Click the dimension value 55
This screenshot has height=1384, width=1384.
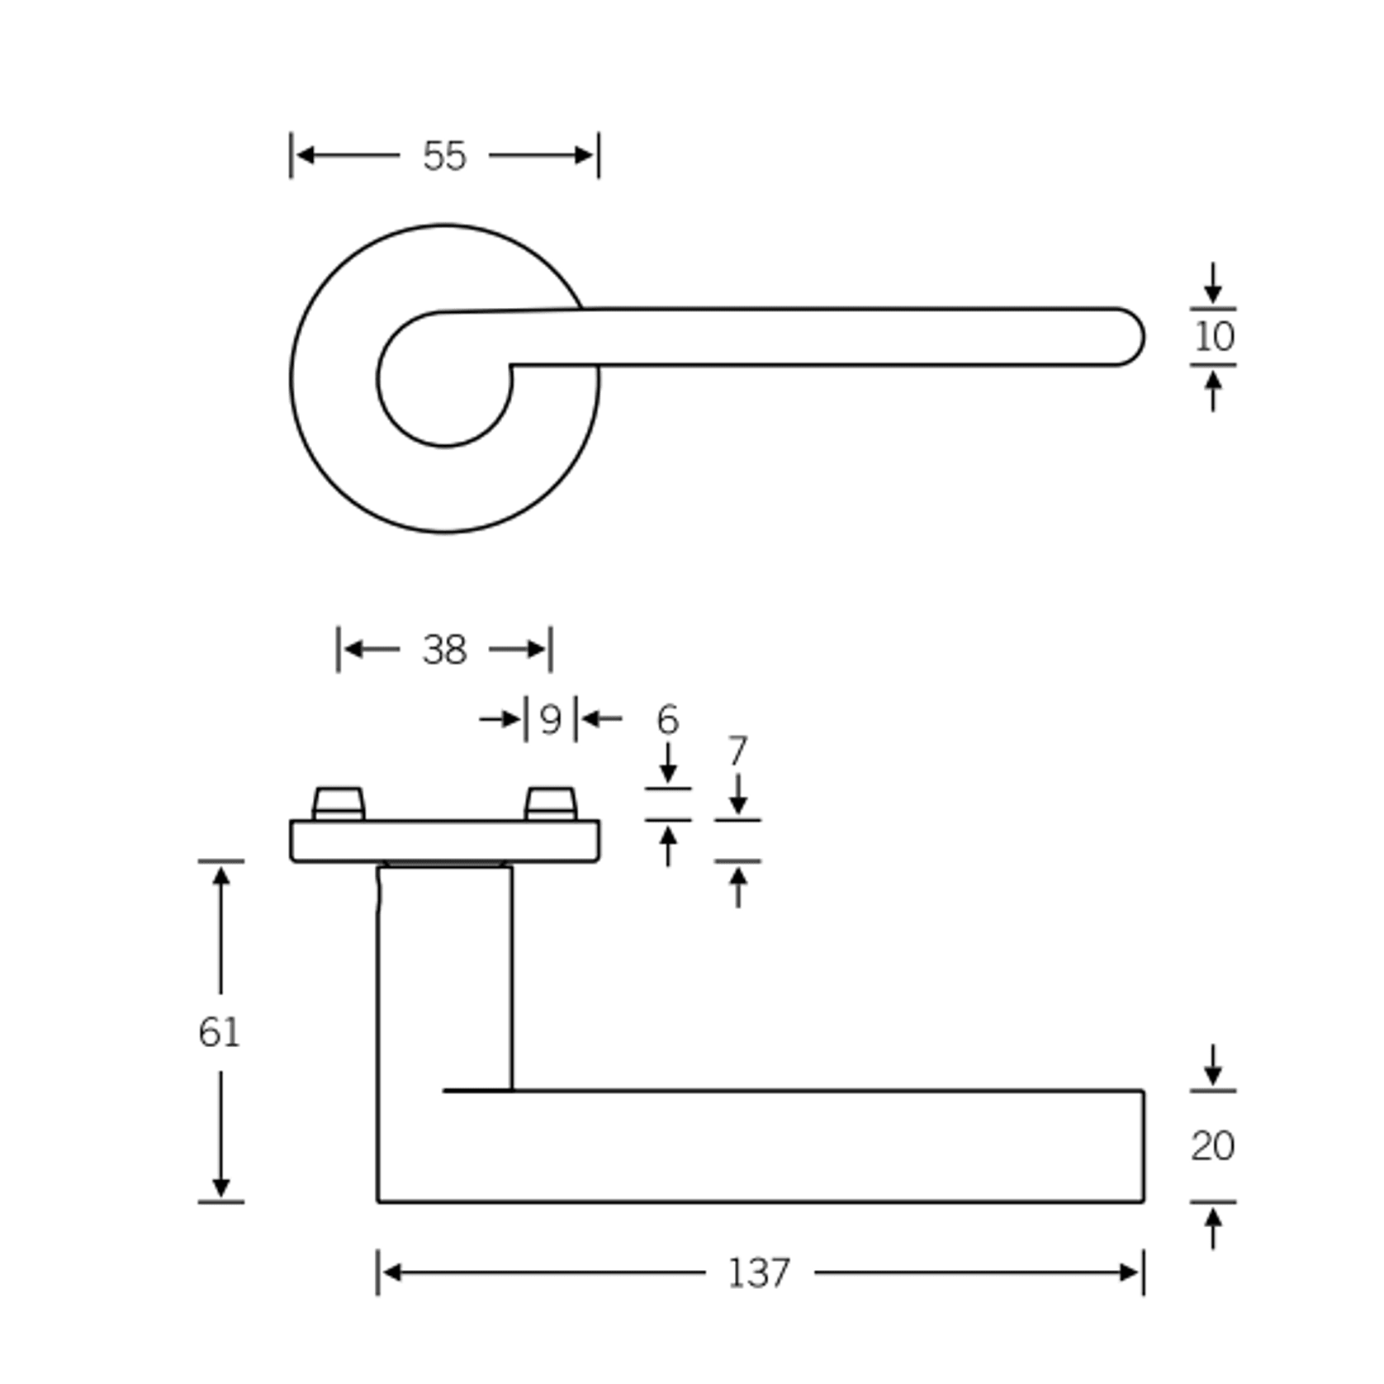pos(444,156)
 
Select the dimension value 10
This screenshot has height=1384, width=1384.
pos(1213,337)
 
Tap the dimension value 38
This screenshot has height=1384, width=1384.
pos(444,650)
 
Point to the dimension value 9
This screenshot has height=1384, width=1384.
pos(550,720)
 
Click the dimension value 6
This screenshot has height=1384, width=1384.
pos(667,720)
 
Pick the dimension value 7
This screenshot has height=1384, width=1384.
pos(737,751)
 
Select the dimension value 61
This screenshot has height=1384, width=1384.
pos(219,1032)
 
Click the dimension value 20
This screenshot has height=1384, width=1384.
pos(1212,1146)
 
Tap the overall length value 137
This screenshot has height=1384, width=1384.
pos(759,1273)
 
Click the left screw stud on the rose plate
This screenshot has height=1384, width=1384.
pos(339,803)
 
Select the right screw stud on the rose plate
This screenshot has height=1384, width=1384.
pos(551,803)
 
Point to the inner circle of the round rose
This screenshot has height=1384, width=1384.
pos(444,388)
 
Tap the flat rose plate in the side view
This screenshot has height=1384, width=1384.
pos(444,841)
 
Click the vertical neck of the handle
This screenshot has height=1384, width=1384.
pos(444,974)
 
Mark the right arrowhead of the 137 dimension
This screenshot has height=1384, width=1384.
pos(1130,1273)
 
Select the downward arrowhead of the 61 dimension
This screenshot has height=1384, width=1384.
pos(220,1187)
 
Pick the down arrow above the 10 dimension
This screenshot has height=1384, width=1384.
pos(1212,293)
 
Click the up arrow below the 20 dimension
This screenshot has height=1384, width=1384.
pos(1212,1217)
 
